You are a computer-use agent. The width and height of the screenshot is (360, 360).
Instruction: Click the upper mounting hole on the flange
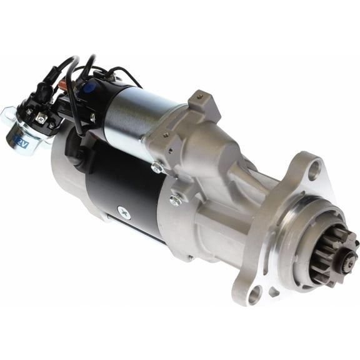pos(314,167)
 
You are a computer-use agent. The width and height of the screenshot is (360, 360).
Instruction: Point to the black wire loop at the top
pos(87,62)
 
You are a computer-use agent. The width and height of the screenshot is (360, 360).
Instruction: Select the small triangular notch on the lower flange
pos(273,291)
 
